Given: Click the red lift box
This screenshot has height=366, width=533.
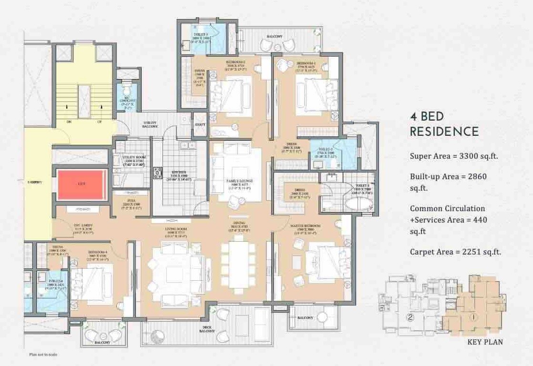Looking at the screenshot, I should [x=81, y=184].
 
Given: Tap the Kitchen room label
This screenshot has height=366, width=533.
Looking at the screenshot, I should [x=170, y=172].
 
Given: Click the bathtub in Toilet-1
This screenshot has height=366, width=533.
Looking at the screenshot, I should [x=359, y=204].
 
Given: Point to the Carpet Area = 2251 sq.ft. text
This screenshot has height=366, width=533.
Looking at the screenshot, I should [x=455, y=252].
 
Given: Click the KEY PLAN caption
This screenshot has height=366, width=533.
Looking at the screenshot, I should [x=485, y=342].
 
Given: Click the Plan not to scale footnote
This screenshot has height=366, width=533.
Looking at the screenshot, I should [x=43, y=355].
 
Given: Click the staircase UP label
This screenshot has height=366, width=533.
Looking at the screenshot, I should [x=99, y=122].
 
